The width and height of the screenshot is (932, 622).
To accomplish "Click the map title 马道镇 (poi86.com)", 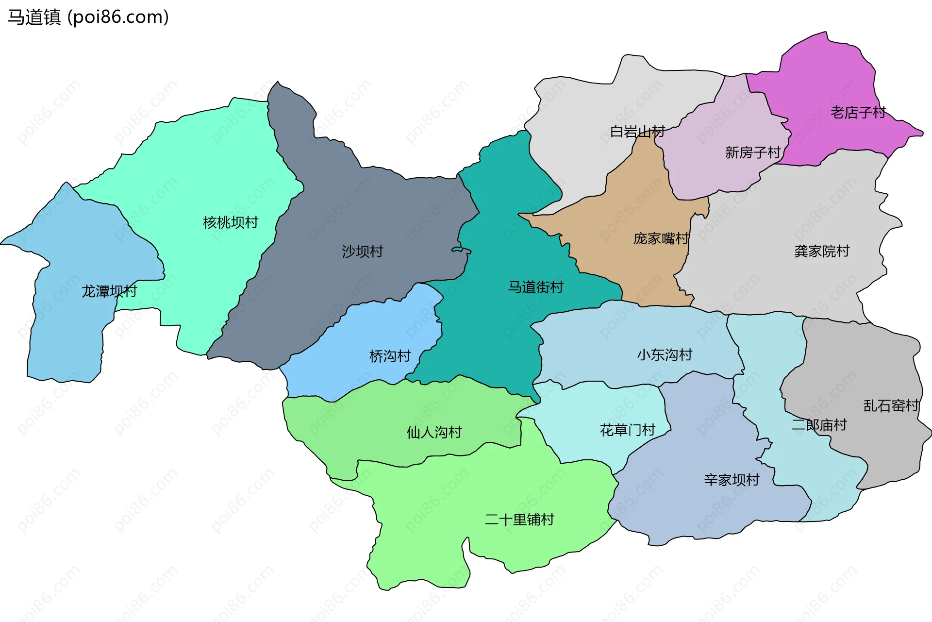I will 88,17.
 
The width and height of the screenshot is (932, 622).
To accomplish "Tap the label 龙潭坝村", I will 109,291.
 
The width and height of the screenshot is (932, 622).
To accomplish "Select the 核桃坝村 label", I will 231,222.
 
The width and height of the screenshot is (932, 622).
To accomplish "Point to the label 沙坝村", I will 363,252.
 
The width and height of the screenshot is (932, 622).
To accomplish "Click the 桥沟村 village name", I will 390,356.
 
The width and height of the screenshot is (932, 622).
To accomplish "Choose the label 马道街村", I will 535,287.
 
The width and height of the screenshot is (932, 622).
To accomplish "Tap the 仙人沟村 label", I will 434,432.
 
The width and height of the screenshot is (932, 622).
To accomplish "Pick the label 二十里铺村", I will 519,520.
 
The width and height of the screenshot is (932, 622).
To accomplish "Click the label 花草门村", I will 628,430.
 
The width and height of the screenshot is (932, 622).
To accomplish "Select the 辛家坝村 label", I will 732,480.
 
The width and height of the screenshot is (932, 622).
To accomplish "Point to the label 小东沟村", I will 665,354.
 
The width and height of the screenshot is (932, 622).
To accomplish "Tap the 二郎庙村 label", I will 819,425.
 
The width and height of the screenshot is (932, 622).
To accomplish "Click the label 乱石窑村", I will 891,405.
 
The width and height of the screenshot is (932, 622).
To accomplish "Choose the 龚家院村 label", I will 822,251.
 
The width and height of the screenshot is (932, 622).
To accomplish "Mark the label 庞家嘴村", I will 661,238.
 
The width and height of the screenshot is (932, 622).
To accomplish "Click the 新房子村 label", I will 752,152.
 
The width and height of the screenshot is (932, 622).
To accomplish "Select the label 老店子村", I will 858,113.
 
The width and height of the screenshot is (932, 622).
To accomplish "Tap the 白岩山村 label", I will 637,132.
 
